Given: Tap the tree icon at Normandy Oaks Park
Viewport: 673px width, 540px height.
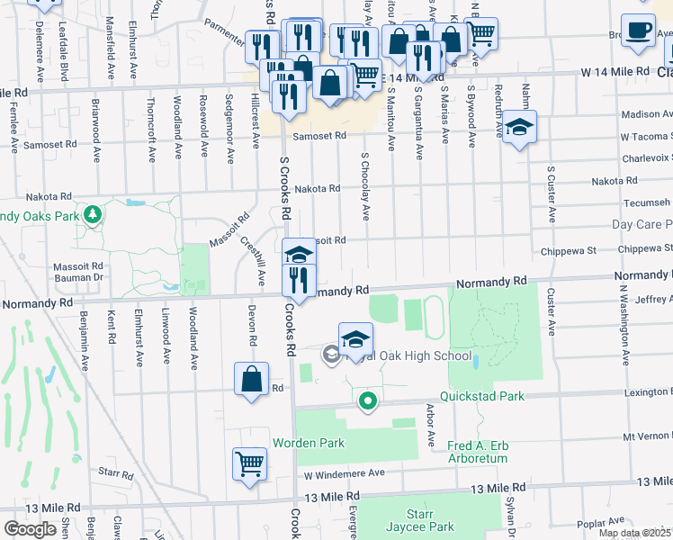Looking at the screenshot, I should pyautogui.click(x=92, y=215).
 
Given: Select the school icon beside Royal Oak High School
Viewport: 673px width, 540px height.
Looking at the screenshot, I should pyautogui.click(x=356, y=339).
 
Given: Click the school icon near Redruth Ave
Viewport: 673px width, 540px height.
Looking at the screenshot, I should pyautogui.click(x=519, y=127).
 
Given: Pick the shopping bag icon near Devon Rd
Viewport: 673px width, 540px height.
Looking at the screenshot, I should pyautogui.click(x=251, y=379).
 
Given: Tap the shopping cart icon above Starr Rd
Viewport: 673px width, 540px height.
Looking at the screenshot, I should pyautogui.click(x=249, y=464).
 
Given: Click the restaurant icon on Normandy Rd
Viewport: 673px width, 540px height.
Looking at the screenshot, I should pyautogui.click(x=299, y=282).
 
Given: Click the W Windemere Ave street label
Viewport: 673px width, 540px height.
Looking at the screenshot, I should pyautogui.click(x=344, y=473).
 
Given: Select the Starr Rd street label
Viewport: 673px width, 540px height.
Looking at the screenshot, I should pyautogui.click(x=116, y=472).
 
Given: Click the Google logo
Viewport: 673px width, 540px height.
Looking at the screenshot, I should pyautogui.click(x=30, y=529).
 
